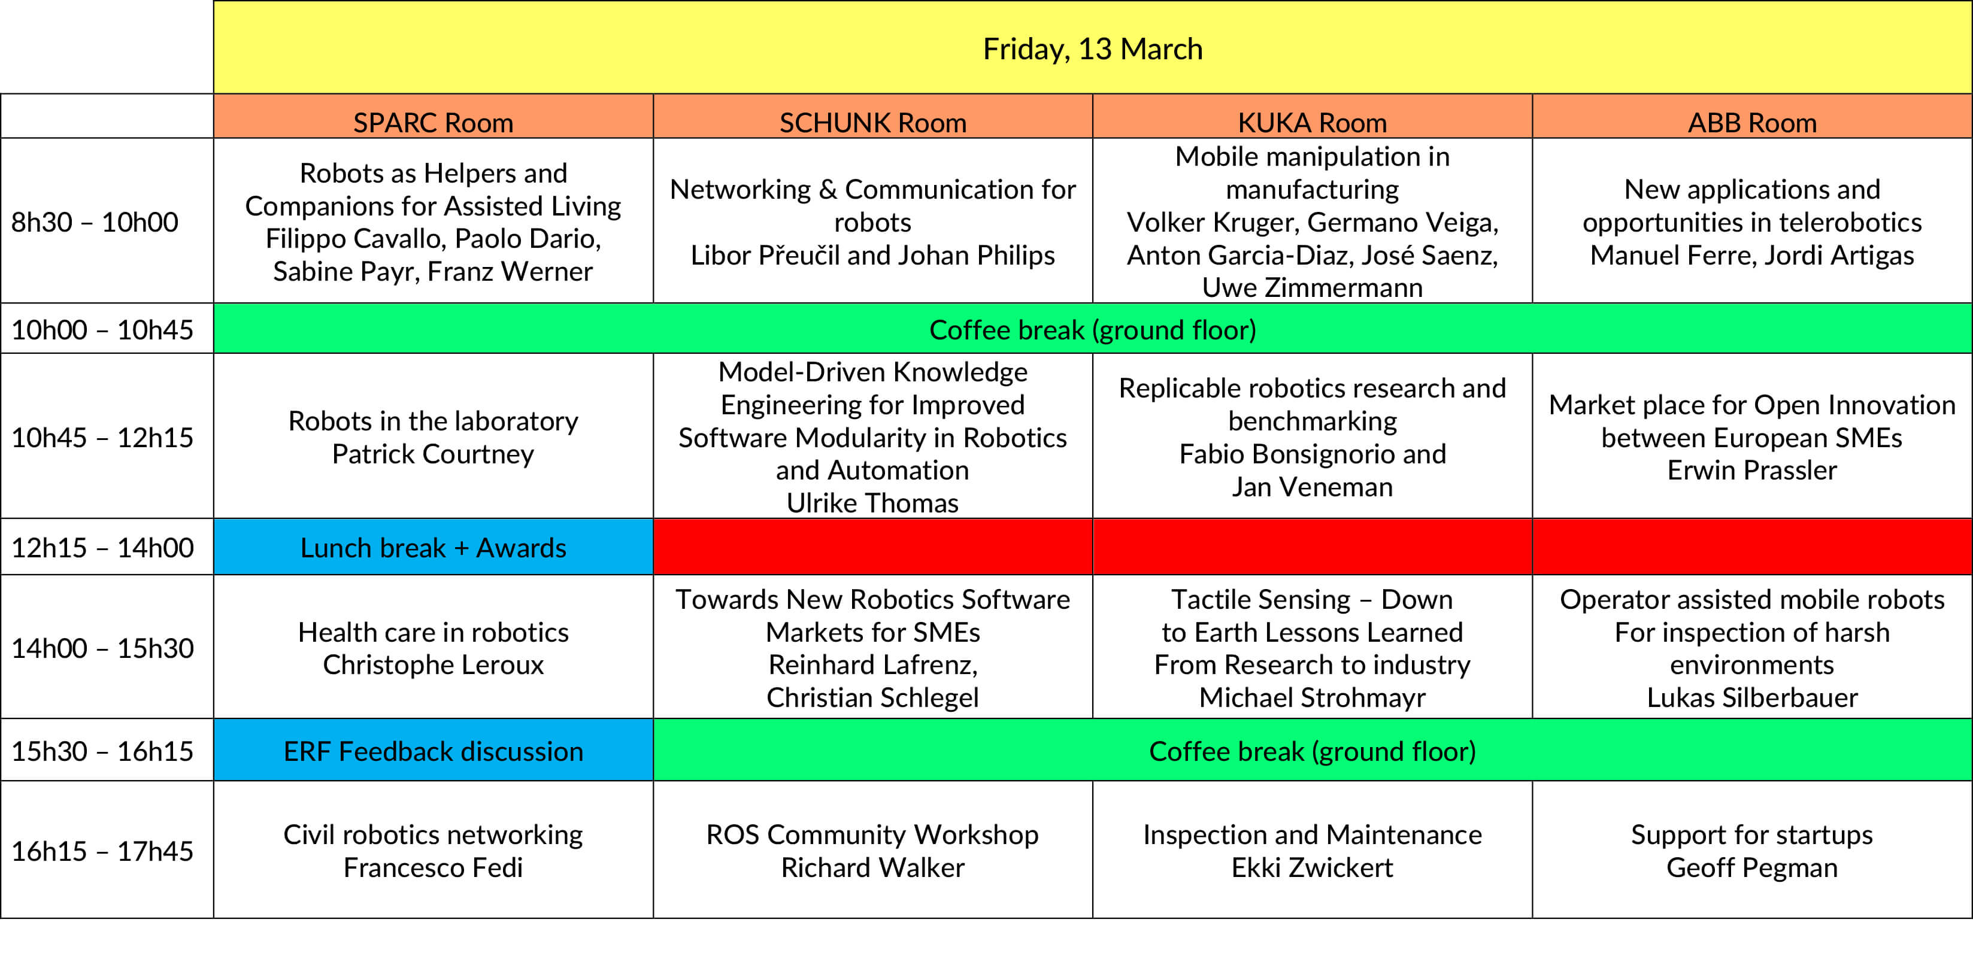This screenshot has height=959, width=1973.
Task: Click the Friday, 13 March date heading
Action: click(1092, 50)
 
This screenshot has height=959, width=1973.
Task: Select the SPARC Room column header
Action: click(433, 123)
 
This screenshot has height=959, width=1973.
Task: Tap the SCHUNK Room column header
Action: click(872, 123)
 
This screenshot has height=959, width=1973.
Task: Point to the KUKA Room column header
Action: click(1312, 123)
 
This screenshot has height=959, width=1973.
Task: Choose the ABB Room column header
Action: click(1751, 123)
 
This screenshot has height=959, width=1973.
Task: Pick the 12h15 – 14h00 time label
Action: click(102, 548)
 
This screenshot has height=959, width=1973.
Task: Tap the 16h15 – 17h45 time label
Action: click(102, 851)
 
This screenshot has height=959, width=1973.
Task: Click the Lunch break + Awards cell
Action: click(433, 548)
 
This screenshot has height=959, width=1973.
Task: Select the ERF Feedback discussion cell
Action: click(433, 751)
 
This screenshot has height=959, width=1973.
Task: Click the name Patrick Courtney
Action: click(433, 454)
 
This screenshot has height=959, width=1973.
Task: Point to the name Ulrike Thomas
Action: click(872, 503)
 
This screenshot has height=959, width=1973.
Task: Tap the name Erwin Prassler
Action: click(1751, 471)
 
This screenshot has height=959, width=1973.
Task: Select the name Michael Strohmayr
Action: click(1312, 698)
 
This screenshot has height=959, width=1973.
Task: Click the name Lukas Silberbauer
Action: click(1751, 698)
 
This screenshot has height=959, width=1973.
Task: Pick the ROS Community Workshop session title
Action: click(872, 835)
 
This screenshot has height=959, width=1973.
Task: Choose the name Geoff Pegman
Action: click(1751, 868)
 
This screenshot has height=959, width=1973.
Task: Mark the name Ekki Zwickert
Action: click(1312, 868)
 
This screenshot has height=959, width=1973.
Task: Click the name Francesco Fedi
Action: click(433, 868)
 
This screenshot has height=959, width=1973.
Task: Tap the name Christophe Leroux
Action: click(433, 665)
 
